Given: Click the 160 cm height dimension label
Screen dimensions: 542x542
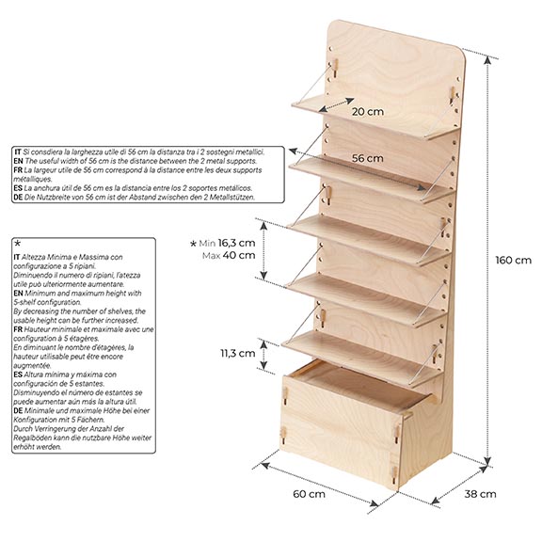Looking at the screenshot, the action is [514, 260].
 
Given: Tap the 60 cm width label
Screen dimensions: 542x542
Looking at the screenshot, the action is [309, 494].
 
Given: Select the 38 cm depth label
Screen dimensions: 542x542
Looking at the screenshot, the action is [480, 494].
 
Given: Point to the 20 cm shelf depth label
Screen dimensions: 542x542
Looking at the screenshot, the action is [368, 112].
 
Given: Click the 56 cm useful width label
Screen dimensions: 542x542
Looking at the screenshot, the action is [367, 158].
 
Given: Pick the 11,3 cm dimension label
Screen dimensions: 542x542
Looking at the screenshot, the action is [238, 353].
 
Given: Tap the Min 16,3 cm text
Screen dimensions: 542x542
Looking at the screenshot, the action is [227, 243].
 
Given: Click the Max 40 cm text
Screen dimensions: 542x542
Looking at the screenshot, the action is [229, 255].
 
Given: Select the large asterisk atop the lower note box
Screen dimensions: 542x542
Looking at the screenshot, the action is [18, 244].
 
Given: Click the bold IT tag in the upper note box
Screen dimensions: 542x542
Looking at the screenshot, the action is [18, 151].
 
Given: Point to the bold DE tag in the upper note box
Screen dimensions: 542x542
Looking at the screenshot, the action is [18, 198].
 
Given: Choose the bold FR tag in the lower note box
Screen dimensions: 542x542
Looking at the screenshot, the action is [18, 329].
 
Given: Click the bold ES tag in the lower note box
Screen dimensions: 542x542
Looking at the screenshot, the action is [18, 375].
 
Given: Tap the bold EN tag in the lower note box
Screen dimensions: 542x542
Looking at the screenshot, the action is [18, 294].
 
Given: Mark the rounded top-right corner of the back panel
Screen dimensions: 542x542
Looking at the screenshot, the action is [461, 53].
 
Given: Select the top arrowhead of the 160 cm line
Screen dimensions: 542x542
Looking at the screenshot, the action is [487, 60].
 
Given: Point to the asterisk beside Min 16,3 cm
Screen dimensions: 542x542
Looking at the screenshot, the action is [193, 244].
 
